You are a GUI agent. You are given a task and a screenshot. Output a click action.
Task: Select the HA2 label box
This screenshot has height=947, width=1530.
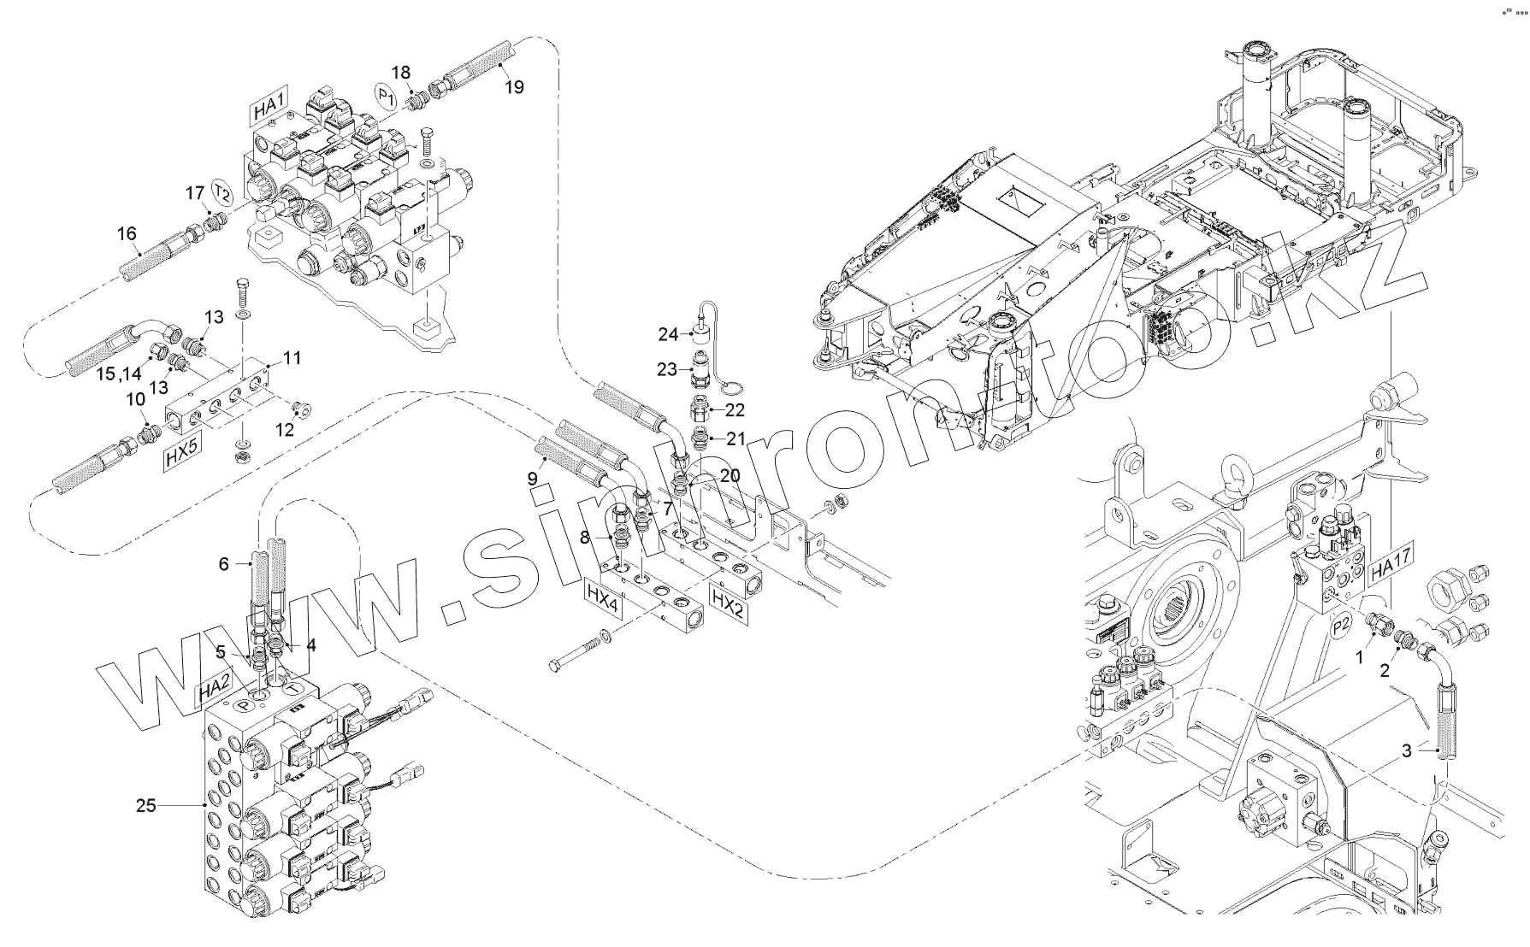point(214,691)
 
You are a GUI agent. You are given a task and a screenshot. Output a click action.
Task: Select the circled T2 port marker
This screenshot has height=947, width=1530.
point(222,191)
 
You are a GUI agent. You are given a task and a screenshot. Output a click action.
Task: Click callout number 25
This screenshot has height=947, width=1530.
point(146,805)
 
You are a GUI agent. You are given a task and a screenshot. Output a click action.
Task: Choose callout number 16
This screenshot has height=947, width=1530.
point(127,233)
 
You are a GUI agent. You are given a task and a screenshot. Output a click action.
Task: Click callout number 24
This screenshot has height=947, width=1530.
point(668,334)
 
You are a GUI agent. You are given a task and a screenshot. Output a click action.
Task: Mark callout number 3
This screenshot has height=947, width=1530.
point(1406,751)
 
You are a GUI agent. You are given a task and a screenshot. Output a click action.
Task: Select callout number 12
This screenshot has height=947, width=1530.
point(285,429)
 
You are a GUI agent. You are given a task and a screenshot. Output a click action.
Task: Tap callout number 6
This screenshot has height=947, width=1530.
point(224,563)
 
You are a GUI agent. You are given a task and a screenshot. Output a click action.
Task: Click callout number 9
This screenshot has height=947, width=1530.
point(532,476)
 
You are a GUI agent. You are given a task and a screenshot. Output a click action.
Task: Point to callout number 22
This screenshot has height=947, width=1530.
point(735,409)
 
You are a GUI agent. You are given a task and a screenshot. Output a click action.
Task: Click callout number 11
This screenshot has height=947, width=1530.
point(292,358)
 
